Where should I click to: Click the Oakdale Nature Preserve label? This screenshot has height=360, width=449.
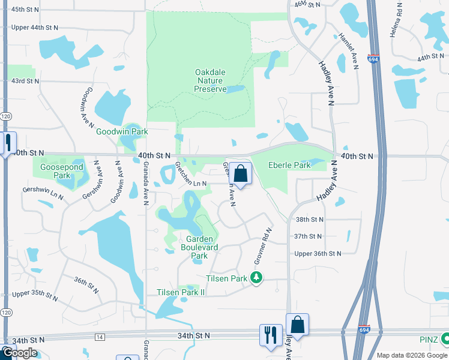[x=210, y=80]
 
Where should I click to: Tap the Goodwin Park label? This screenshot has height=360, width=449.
[x=122, y=131]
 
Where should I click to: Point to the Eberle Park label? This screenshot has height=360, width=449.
[x=289, y=165]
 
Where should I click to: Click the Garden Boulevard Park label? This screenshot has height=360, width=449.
[x=199, y=247]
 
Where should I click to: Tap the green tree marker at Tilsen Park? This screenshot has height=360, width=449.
[x=257, y=277]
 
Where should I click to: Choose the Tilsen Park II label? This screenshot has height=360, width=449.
[x=181, y=292]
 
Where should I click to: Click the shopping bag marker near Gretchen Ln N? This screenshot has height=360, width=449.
[x=240, y=174]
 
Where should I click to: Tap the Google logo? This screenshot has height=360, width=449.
[x=20, y=353]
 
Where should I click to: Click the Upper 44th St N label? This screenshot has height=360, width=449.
[x=35, y=28]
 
